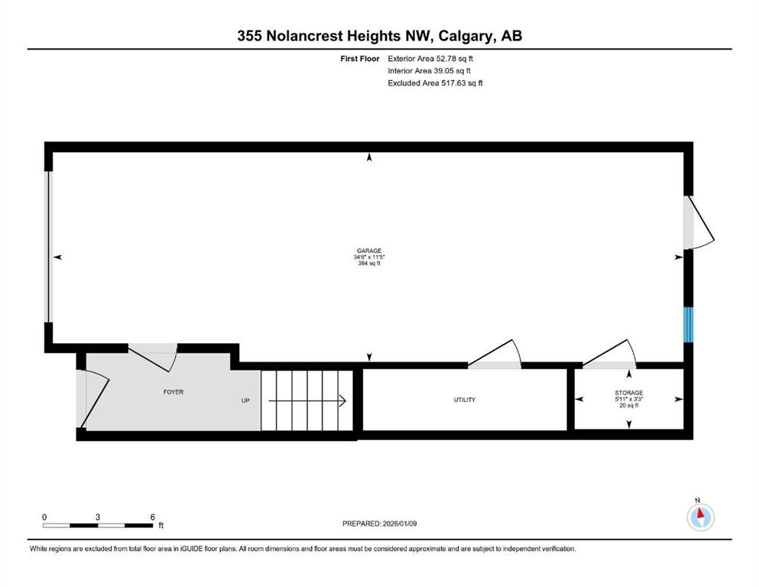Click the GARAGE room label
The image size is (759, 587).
[x=369, y=251]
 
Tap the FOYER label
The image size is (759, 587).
[x=174, y=392]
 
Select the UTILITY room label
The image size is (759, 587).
[x=464, y=400]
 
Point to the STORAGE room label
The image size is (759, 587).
[x=629, y=392]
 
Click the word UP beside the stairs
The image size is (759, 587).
[x=245, y=401]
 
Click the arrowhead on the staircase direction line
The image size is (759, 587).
[x=342, y=401]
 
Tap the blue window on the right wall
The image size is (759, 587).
[x=689, y=325]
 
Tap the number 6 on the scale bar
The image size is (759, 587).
[x=152, y=517]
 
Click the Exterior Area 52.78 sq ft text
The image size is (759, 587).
[x=430, y=59]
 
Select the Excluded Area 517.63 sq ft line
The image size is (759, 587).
[x=435, y=83]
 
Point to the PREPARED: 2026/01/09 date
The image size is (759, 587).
[x=379, y=524]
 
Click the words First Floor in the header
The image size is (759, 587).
[x=360, y=59]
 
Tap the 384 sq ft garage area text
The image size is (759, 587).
[x=369, y=264]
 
